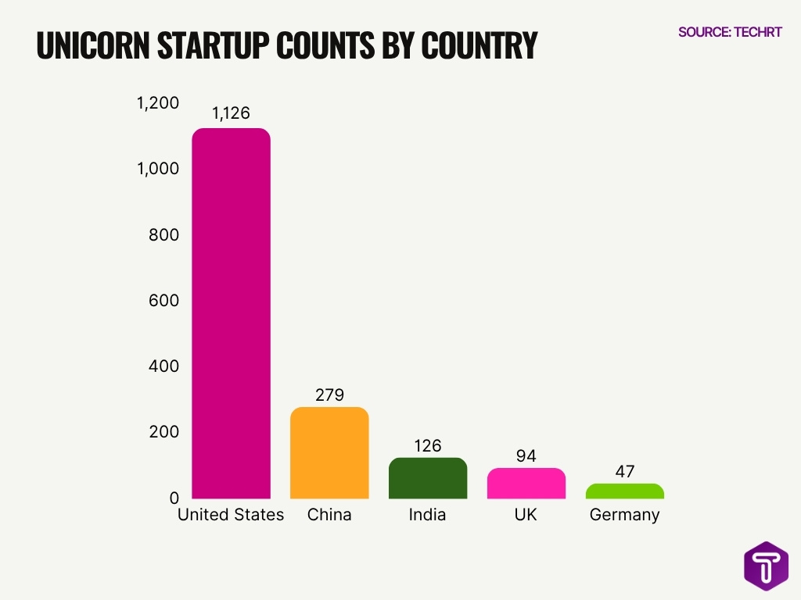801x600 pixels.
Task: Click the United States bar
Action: (x=231, y=312)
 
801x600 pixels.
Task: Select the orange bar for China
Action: (x=329, y=452)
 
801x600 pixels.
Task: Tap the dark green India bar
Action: (x=428, y=478)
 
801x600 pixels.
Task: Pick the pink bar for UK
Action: (x=526, y=483)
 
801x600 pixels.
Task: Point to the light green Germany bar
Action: (x=625, y=491)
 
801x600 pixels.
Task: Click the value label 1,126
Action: (x=231, y=113)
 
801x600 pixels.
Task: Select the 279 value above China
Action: (x=329, y=395)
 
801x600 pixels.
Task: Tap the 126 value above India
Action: (x=428, y=446)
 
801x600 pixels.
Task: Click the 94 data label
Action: (x=526, y=456)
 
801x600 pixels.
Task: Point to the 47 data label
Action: (x=625, y=472)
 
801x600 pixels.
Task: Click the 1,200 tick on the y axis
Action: (x=158, y=103)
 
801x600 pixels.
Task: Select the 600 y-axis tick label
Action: (x=163, y=301)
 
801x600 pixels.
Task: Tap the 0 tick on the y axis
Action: (x=174, y=498)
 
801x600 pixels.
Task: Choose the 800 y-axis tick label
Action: (x=163, y=235)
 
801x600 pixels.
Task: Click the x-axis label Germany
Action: (x=625, y=515)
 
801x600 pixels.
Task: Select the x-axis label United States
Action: (x=231, y=515)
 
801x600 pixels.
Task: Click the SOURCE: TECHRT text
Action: (x=729, y=32)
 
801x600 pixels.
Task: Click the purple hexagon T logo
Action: (x=766, y=566)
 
